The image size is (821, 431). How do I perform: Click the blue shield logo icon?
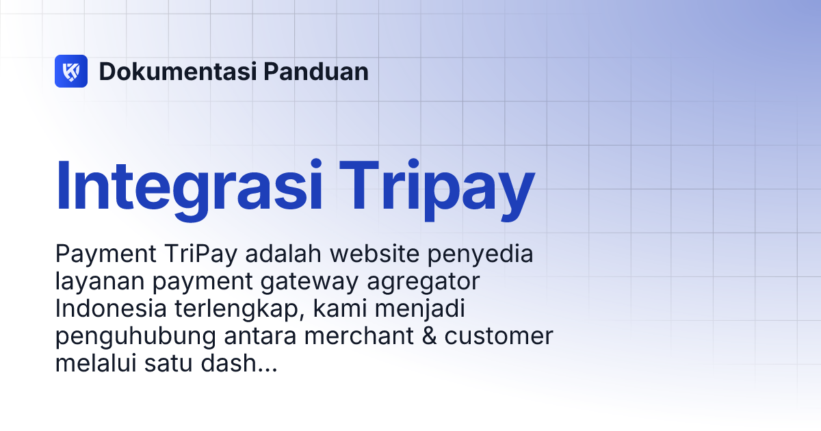coord(71,71)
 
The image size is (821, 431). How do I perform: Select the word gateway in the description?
coord(318,283)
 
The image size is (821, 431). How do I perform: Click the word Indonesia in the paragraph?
coord(110,309)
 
